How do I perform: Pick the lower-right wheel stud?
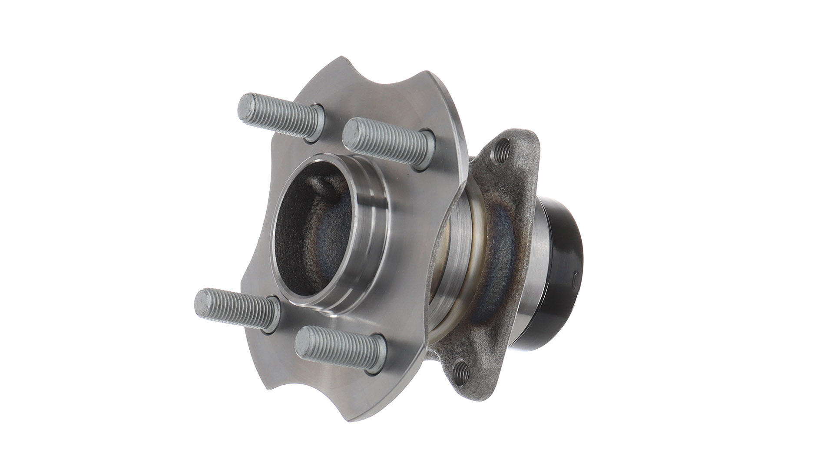point(339,348)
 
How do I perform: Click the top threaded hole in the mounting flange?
point(503,150)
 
